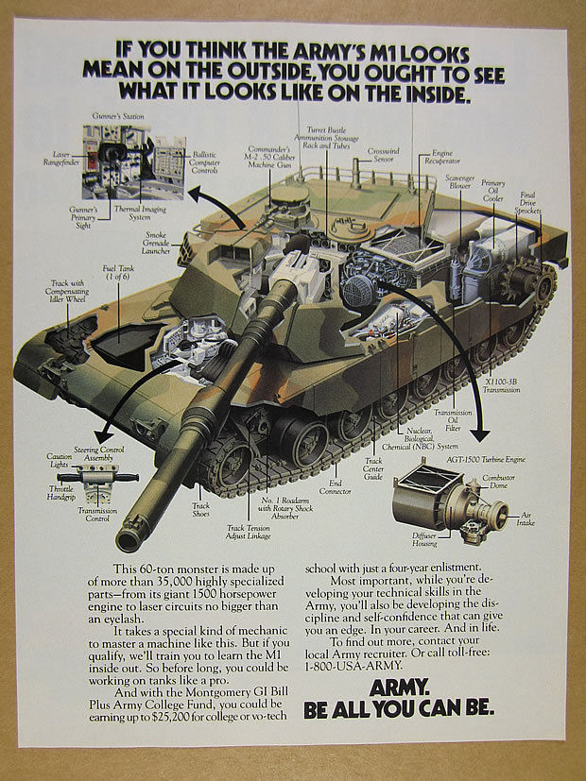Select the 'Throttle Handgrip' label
61,492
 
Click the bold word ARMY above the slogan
406,688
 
